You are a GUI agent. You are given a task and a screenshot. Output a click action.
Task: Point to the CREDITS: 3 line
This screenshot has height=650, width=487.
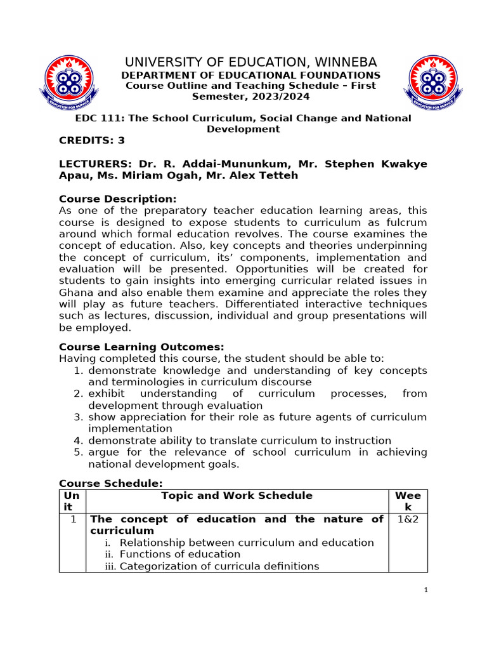click(92, 141)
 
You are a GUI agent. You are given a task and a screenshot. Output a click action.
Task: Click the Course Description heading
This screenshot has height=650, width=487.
click(118, 199)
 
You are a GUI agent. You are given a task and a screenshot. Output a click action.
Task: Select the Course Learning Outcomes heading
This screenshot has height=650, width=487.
click(141, 347)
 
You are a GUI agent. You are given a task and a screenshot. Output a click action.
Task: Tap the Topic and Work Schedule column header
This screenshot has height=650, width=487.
click(237, 496)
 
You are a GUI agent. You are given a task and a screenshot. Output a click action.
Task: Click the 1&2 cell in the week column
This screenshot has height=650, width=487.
click(408, 519)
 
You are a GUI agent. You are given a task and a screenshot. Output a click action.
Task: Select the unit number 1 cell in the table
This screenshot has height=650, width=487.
click(73, 519)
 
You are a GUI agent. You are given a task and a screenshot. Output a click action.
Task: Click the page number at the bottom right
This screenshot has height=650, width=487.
click(426, 590)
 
